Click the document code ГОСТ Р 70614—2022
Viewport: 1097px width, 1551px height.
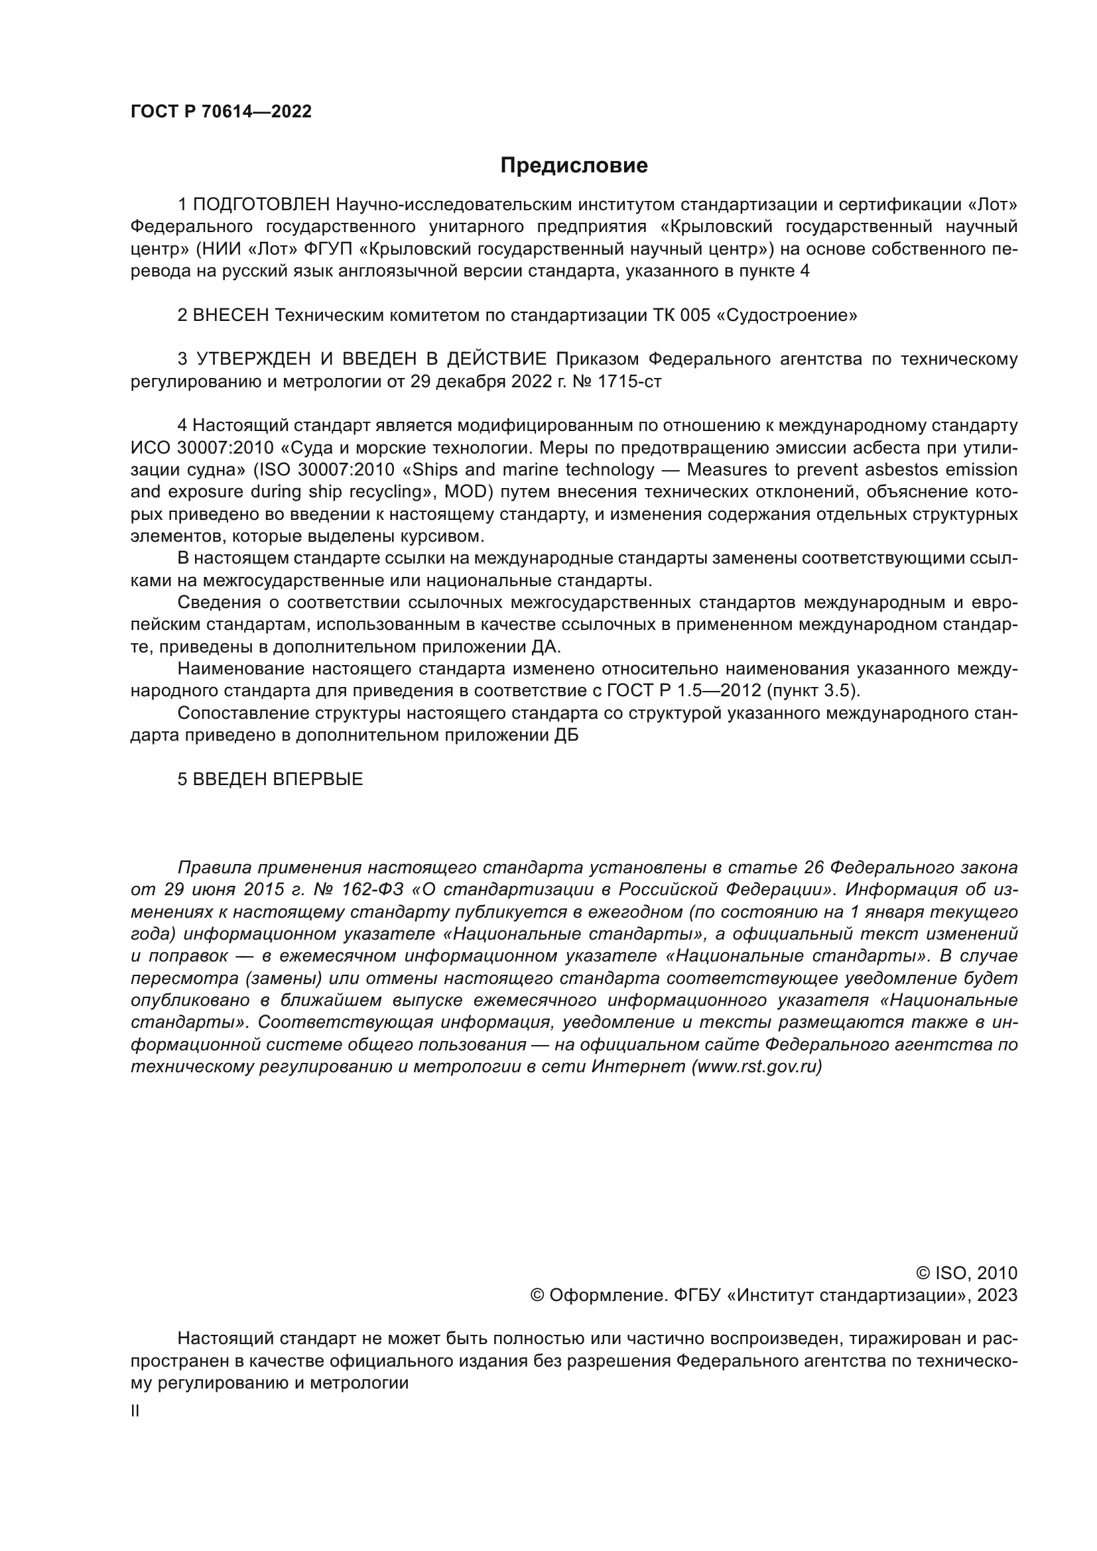tap(221, 112)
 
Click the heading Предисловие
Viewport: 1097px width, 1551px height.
tap(574, 166)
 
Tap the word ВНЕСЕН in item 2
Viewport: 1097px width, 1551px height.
tap(231, 316)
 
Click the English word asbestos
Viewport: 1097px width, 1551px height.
tap(883, 470)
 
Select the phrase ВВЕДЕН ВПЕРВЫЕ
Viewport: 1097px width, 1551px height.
tap(278, 780)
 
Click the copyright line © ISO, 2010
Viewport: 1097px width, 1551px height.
tap(966, 1274)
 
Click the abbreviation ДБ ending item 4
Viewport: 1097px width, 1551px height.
tap(566, 735)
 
